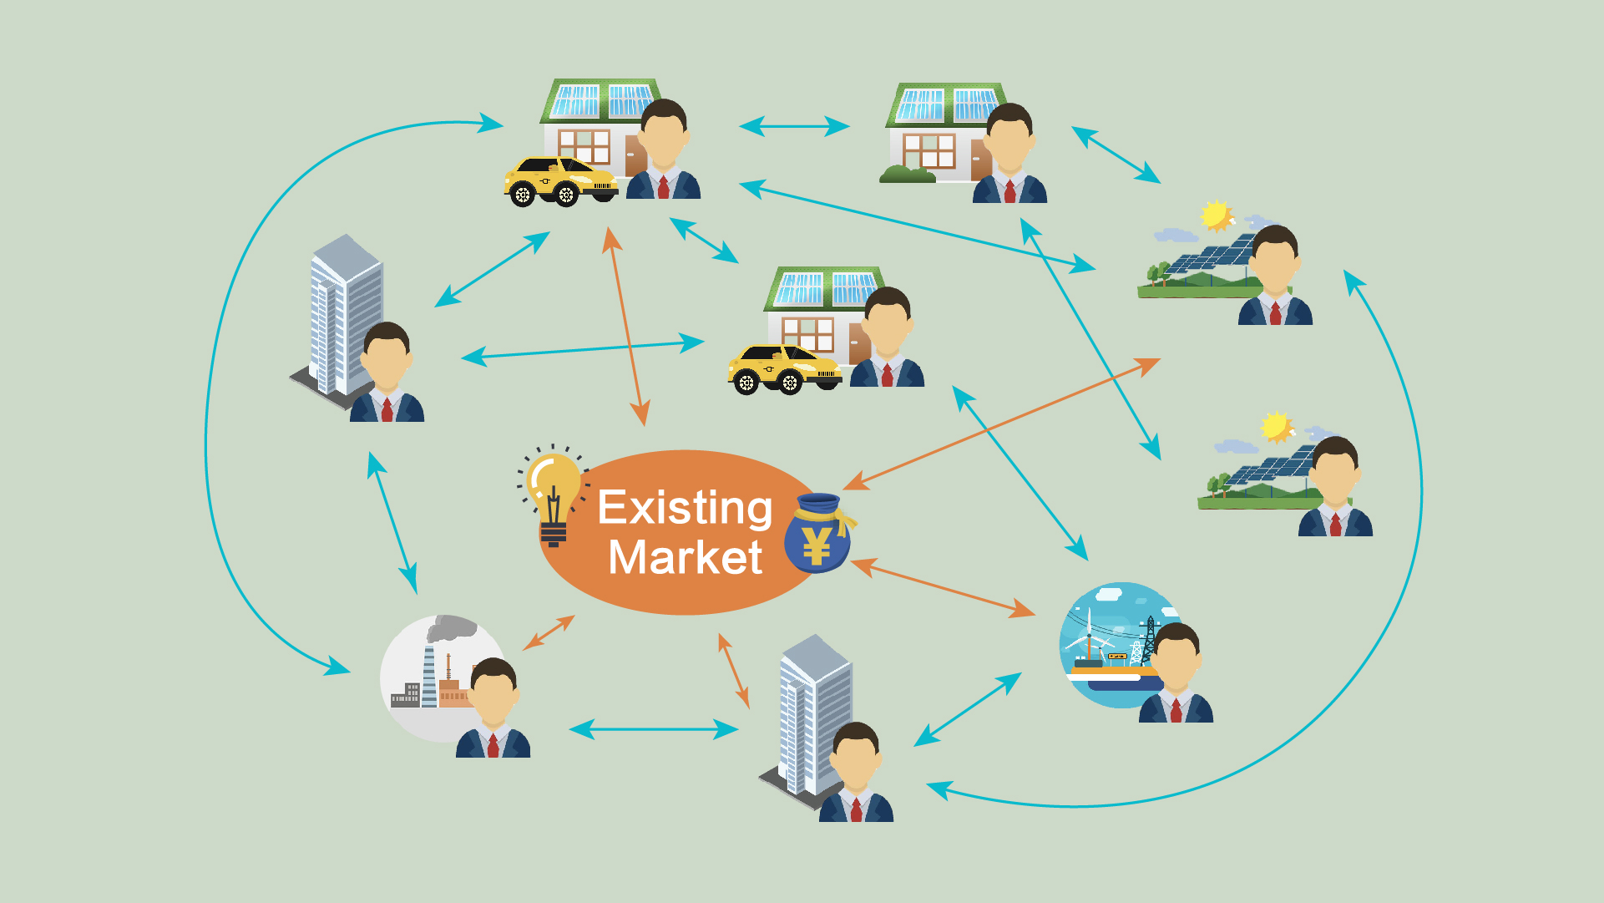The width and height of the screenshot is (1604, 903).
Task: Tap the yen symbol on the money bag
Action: coord(816,547)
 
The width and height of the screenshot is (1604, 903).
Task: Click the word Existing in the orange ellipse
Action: coord(685,508)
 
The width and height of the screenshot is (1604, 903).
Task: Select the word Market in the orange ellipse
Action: coord(685,558)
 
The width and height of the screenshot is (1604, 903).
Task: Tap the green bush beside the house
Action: coord(908,174)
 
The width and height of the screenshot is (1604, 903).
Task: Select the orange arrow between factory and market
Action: coord(549,632)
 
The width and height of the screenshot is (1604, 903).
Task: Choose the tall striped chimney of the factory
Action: coord(429,677)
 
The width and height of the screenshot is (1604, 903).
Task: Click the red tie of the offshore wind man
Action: coord(1176,710)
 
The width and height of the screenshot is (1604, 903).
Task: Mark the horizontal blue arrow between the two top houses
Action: coord(794,126)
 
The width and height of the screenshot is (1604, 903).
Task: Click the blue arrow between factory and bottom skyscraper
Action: coord(654,729)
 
